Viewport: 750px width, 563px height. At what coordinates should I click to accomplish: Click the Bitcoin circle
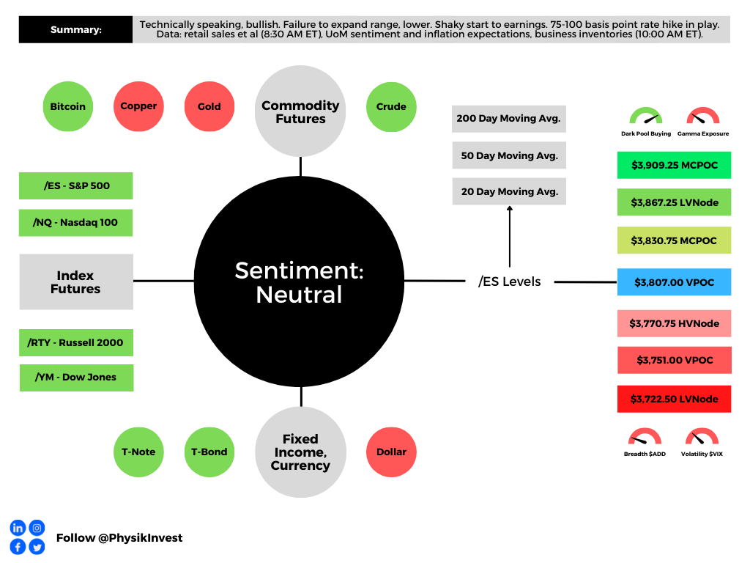pos(68,106)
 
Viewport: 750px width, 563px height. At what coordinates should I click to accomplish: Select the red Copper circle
pos(138,106)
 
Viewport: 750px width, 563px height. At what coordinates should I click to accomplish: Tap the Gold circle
pos(209,106)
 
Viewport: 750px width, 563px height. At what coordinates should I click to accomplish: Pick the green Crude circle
pos(391,107)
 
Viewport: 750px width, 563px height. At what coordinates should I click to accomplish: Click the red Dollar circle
pos(391,452)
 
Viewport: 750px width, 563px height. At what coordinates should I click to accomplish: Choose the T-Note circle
pos(138,452)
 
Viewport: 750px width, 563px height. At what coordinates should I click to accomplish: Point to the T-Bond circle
pos(209,452)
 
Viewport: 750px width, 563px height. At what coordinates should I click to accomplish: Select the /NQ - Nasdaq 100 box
pos(75,223)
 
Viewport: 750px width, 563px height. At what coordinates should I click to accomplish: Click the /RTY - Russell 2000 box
pos(76,342)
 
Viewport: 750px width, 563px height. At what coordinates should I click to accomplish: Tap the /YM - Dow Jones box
pos(76,378)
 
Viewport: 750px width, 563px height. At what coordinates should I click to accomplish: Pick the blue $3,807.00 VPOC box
pos(675,282)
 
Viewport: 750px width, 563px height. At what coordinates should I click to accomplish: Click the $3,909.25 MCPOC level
pos(675,165)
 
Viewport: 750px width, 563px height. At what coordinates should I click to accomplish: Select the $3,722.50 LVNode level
pos(675,399)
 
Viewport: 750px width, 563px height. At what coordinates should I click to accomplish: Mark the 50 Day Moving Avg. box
pos(510,155)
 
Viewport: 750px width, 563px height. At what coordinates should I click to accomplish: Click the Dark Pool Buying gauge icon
pos(646,117)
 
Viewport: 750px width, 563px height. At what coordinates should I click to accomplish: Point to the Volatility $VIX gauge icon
pos(702,437)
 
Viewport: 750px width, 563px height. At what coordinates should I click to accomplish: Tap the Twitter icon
pos(37,547)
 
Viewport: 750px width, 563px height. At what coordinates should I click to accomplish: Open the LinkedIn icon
pos(18,528)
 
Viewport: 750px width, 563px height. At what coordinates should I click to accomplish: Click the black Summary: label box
pos(75,29)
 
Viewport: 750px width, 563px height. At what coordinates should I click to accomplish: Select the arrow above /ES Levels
pos(510,236)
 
